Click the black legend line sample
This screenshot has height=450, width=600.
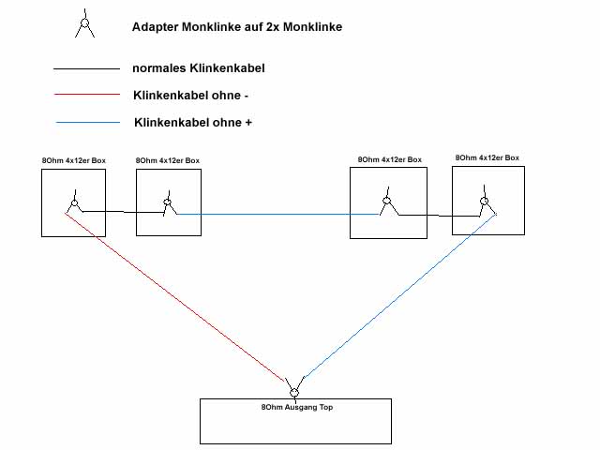pos(86,69)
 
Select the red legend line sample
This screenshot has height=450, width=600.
pos(86,95)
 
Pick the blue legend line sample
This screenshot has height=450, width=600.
pos(87,123)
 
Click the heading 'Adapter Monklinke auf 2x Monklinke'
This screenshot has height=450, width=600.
pos(237,27)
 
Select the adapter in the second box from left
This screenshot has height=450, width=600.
pos(169,202)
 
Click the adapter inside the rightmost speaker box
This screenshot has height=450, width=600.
pos(484,202)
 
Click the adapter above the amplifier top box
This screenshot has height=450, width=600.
pos(294,389)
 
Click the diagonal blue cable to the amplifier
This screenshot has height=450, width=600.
pos(398,296)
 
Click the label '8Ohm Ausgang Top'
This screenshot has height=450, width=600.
pos(294,407)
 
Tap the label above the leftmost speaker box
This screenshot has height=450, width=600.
pos(73,161)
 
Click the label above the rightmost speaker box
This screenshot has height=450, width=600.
pos(487,157)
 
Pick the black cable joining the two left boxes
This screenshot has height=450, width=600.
pos(122,211)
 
